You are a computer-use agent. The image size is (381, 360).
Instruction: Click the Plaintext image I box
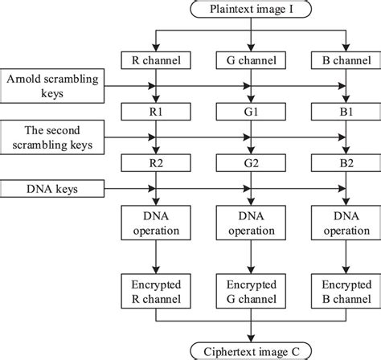click(x=252, y=10)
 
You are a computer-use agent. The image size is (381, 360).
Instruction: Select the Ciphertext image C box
click(x=252, y=350)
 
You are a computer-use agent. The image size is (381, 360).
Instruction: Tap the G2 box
click(x=252, y=164)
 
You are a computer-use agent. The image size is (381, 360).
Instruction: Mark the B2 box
click(x=345, y=164)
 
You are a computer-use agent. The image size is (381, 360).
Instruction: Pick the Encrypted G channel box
click(x=252, y=292)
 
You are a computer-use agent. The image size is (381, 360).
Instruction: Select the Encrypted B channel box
click(x=345, y=292)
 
